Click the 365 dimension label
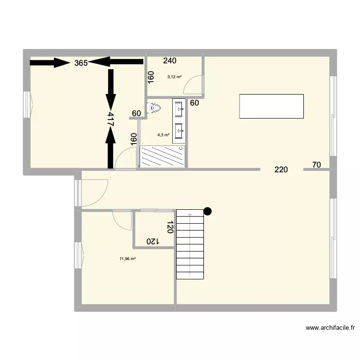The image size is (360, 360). (81, 63)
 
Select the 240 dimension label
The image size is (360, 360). (169, 61)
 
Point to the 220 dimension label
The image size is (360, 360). (281, 169)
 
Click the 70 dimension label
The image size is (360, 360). (316, 165)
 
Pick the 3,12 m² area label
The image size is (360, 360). (174, 77)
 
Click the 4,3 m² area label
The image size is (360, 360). (165, 135)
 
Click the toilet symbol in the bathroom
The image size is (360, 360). (154, 109)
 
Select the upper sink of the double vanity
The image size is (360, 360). (180, 108)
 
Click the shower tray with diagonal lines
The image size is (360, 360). (162, 156)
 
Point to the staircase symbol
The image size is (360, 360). (191, 245)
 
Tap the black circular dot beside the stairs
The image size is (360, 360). (208, 210)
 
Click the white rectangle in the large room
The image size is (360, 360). (271, 106)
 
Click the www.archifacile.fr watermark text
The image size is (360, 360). (330, 328)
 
